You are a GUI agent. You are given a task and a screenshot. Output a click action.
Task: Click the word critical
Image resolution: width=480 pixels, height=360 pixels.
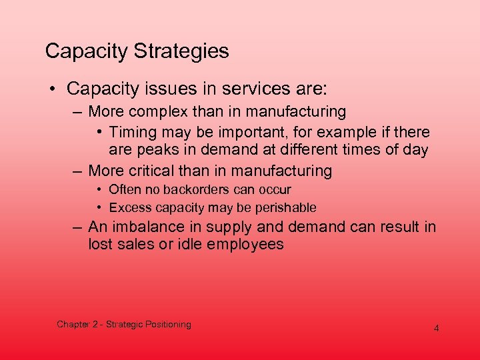[x=162, y=171]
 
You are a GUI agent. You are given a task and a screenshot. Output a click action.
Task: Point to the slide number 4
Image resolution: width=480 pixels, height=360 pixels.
[x=436, y=328]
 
